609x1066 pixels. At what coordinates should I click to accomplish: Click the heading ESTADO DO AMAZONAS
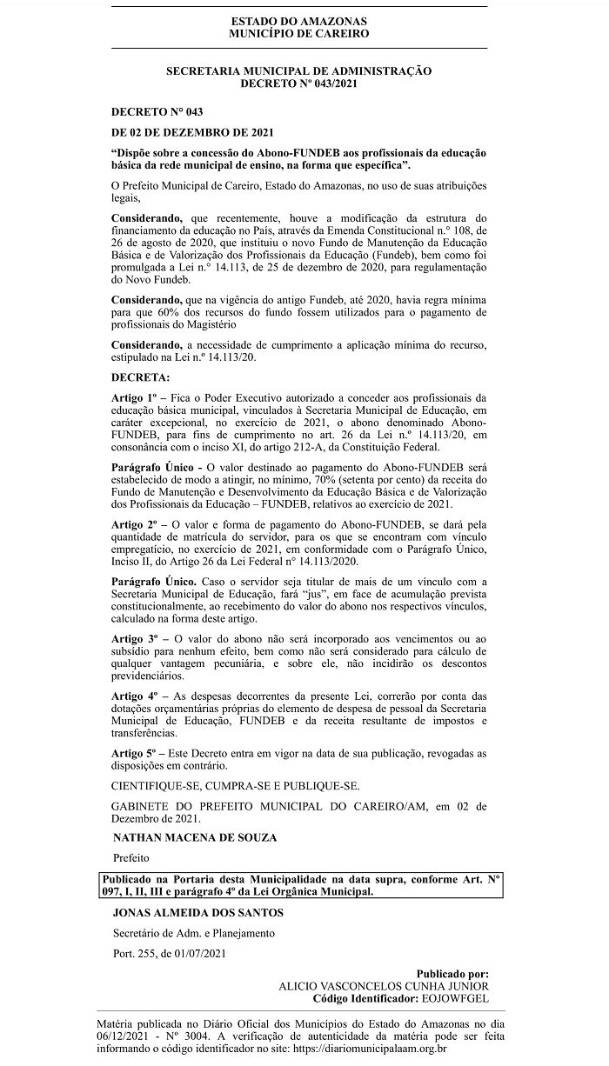[298, 21]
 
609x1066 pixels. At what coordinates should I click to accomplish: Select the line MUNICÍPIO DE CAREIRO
[298, 33]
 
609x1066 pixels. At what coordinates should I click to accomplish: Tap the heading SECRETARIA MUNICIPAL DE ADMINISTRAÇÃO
[298, 71]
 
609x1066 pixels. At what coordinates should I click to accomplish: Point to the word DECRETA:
[141, 378]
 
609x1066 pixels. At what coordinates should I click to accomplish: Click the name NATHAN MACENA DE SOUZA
[196, 837]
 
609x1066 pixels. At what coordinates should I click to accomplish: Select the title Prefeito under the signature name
[131, 857]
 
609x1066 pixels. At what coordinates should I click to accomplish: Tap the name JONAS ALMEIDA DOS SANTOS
[198, 913]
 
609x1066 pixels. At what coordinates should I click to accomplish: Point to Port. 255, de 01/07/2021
[170, 954]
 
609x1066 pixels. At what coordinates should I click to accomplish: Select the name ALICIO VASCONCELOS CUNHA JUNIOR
[383, 986]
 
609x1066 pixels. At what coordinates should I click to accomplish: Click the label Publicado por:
[452, 974]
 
